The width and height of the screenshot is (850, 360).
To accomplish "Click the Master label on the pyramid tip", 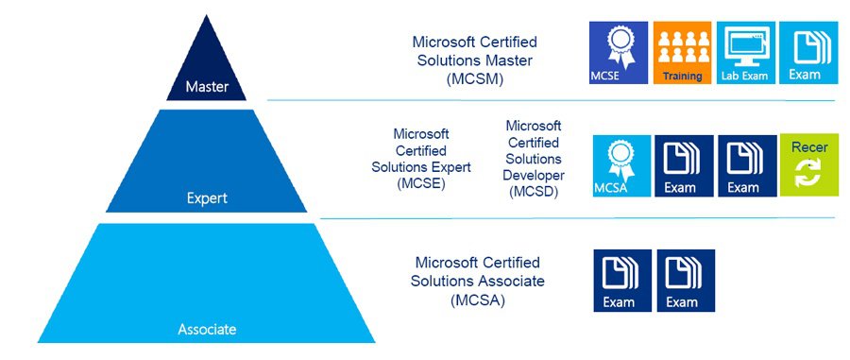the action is (206, 88).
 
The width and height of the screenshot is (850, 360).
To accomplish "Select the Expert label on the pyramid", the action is (206, 199).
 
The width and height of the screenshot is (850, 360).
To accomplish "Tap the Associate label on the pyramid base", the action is (207, 330).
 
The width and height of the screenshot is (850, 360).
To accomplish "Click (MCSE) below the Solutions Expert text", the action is (420, 183).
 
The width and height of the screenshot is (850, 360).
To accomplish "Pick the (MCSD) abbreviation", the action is (534, 191).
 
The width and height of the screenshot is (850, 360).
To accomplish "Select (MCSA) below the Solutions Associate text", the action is (477, 300).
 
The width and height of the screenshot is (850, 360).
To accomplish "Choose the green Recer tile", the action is (809, 164).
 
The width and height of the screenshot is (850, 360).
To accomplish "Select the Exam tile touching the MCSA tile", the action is (683, 164).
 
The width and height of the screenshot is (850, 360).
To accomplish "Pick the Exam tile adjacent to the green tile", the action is (746, 164).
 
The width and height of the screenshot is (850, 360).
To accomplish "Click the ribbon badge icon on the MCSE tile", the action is (619, 44).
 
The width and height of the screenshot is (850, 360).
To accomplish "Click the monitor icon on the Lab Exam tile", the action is (746, 44).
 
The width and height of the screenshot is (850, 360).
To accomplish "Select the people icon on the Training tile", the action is (682, 44).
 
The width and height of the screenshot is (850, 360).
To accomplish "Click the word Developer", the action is (534, 175).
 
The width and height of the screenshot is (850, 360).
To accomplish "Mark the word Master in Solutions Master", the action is (513, 60).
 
